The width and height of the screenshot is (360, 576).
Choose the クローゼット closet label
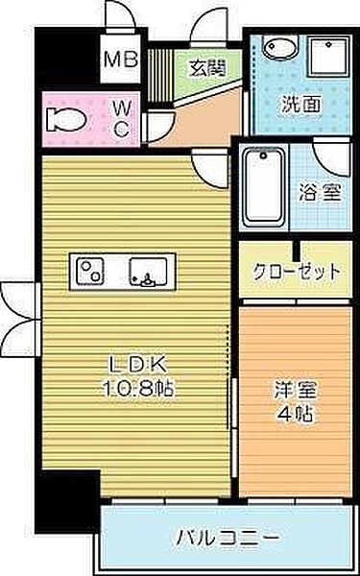point(296,271)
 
